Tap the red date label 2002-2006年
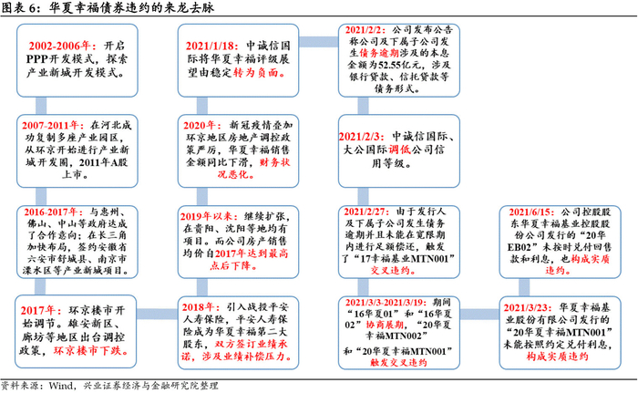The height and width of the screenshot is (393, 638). pos(58,45)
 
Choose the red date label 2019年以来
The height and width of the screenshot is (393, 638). pos(215,218)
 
